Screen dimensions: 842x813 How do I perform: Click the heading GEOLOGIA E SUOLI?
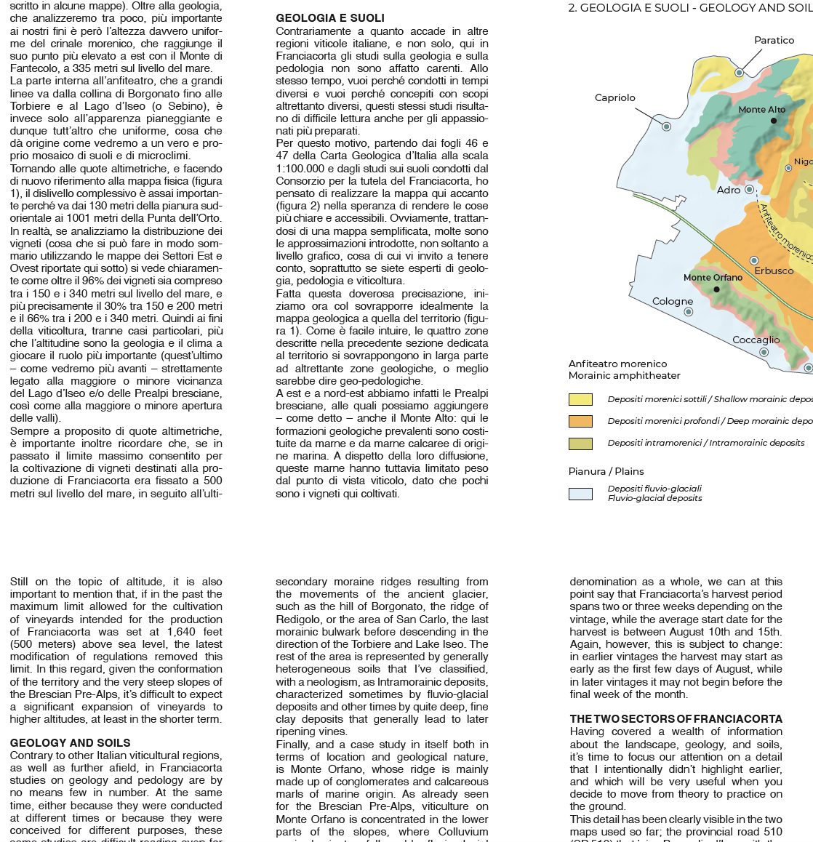[330, 18]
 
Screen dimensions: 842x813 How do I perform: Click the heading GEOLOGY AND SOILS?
[71, 742]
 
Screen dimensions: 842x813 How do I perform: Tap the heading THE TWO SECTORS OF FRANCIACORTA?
[676, 719]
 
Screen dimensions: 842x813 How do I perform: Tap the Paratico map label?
[774, 40]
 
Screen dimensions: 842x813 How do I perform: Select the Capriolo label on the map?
[614, 97]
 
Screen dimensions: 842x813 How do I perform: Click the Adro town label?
[729, 190]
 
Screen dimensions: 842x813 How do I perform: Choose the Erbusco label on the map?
[774, 270]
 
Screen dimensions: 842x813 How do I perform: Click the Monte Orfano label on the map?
[713, 277]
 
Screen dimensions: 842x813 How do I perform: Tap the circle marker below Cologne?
[689, 312]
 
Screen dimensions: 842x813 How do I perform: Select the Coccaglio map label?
[756, 340]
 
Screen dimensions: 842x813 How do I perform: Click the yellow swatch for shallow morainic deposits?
[580, 399]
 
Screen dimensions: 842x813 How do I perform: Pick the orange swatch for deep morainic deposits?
[580, 421]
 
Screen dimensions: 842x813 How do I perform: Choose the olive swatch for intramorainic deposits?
[580, 443]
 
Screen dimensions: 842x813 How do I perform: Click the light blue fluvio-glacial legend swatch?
[580, 494]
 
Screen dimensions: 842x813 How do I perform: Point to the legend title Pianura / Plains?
[606, 471]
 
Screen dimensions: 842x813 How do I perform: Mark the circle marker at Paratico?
[740, 73]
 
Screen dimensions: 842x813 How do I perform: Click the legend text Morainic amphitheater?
[624, 375]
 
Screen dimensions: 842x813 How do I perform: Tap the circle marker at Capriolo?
[666, 127]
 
